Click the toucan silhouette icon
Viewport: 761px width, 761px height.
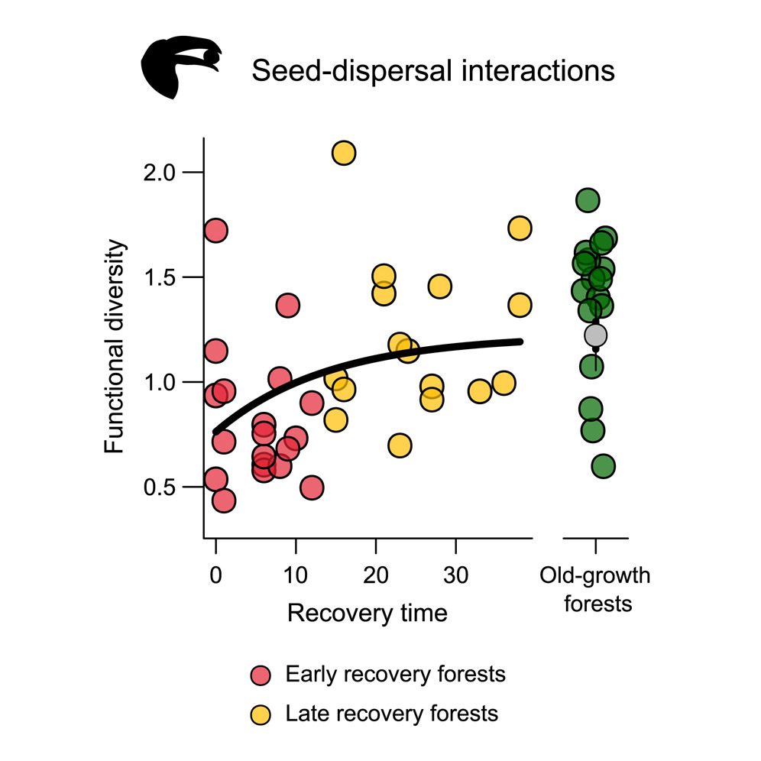(180, 70)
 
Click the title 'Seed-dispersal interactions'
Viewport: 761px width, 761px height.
(432, 71)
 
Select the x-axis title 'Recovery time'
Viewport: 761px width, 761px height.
(367, 613)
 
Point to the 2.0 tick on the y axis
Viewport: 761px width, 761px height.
(173, 172)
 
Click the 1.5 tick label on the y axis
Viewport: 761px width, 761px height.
(173, 277)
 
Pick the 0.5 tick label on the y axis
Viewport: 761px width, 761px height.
(173, 487)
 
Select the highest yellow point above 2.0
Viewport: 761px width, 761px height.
(344, 153)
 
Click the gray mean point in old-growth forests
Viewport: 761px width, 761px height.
(595, 335)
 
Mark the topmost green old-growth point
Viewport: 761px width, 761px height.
(587, 201)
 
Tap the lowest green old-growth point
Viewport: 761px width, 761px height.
(603, 465)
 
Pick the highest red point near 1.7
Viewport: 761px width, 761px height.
(215, 230)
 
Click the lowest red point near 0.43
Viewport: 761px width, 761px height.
(223, 500)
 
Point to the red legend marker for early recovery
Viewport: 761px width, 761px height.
(261, 675)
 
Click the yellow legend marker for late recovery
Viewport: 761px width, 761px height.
(261, 714)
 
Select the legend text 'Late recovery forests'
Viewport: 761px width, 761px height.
(391, 714)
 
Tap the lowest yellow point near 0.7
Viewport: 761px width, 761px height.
(400, 445)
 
